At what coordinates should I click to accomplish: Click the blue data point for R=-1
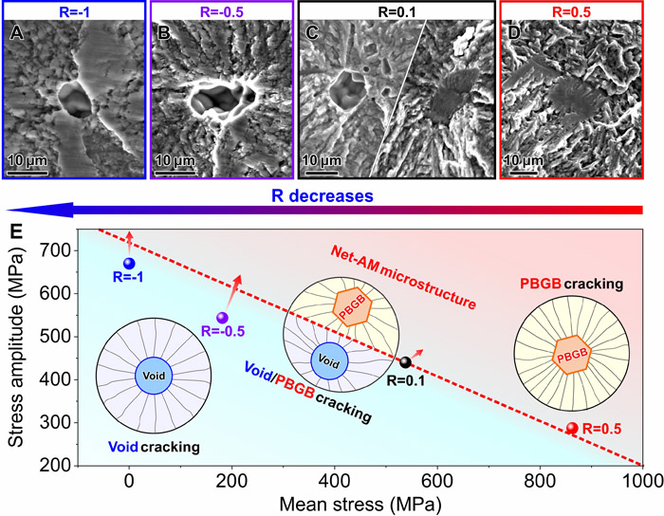129,263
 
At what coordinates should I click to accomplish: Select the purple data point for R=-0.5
222,318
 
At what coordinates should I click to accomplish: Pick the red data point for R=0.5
572,429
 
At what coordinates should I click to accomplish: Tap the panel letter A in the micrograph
15,34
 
